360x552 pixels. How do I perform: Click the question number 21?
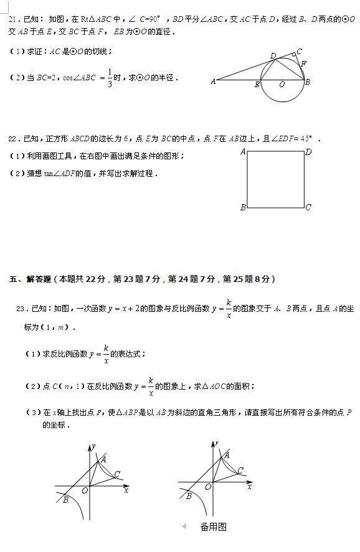(x=13, y=19)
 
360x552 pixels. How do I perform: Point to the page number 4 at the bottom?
(x=184, y=526)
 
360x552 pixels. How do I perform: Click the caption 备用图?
(x=213, y=527)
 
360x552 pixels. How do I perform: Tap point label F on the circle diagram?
(x=303, y=63)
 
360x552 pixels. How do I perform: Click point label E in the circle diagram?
(x=257, y=85)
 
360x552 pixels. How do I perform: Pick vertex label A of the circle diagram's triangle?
(x=213, y=81)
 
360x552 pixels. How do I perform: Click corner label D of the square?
(x=308, y=151)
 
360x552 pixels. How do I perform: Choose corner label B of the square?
(x=243, y=207)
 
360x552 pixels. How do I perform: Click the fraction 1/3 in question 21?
(x=110, y=78)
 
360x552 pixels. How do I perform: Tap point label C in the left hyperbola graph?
(x=116, y=475)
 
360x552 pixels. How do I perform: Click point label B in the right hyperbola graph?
(x=189, y=496)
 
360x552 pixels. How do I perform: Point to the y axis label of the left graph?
(x=93, y=445)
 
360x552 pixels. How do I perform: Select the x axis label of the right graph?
(x=249, y=487)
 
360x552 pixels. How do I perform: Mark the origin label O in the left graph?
(x=85, y=491)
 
